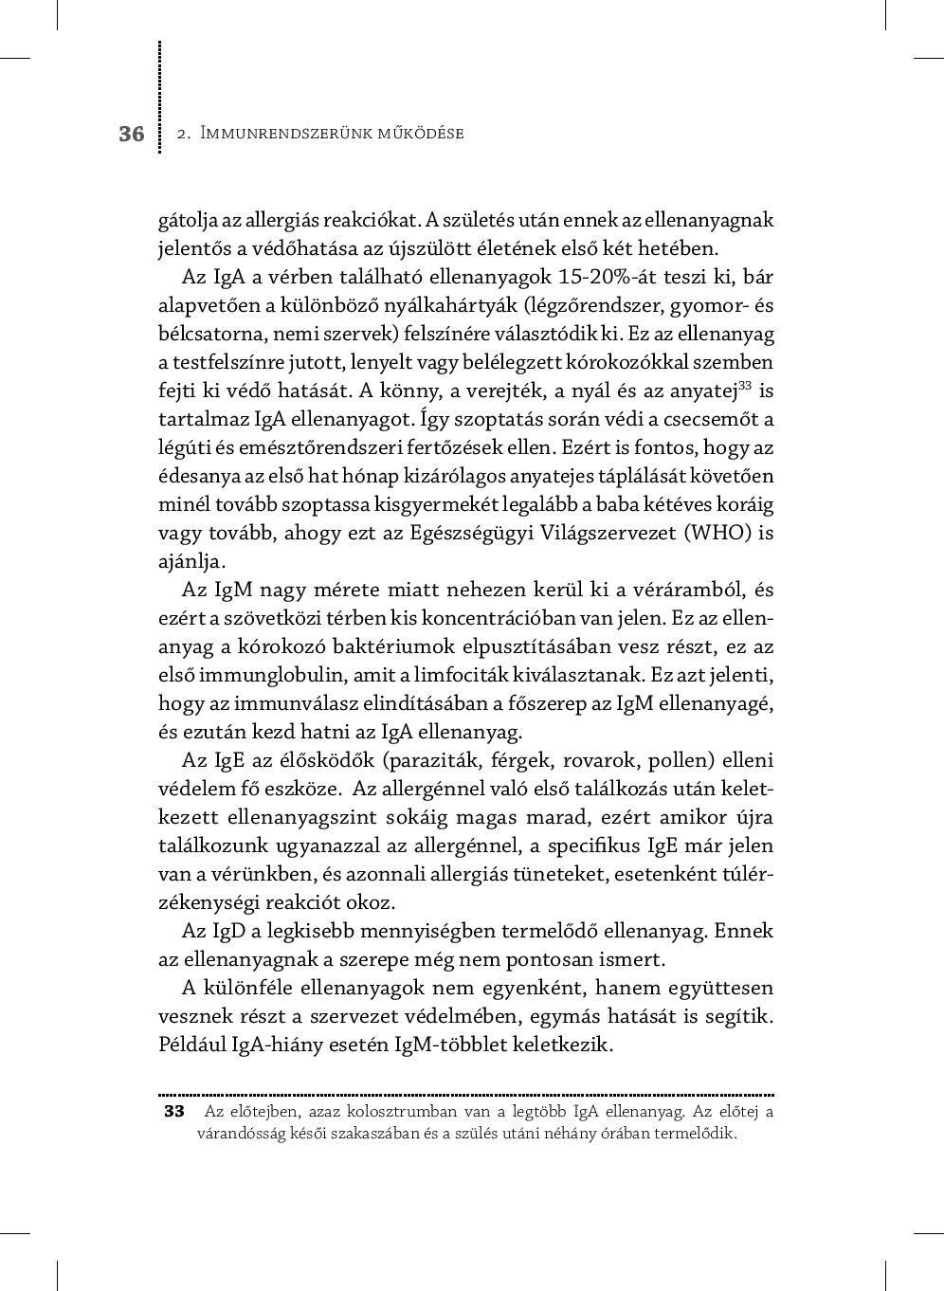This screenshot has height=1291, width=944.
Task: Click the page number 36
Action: [132, 134]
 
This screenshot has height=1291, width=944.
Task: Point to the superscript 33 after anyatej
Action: [745, 385]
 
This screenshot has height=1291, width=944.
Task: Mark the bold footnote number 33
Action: [173, 1111]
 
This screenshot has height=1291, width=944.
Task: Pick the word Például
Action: [191, 1045]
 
